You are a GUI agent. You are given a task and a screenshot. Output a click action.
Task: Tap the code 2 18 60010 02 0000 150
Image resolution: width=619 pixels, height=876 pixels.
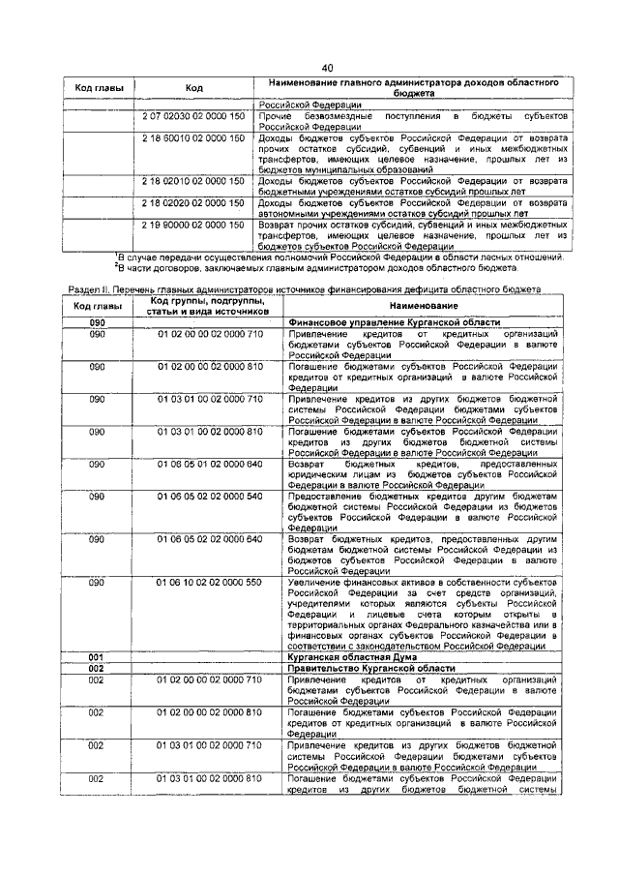193,139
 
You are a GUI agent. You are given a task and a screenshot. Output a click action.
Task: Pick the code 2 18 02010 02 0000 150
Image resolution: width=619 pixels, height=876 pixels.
193,180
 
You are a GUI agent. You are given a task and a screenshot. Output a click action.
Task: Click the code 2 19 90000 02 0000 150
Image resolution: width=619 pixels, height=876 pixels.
193,225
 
